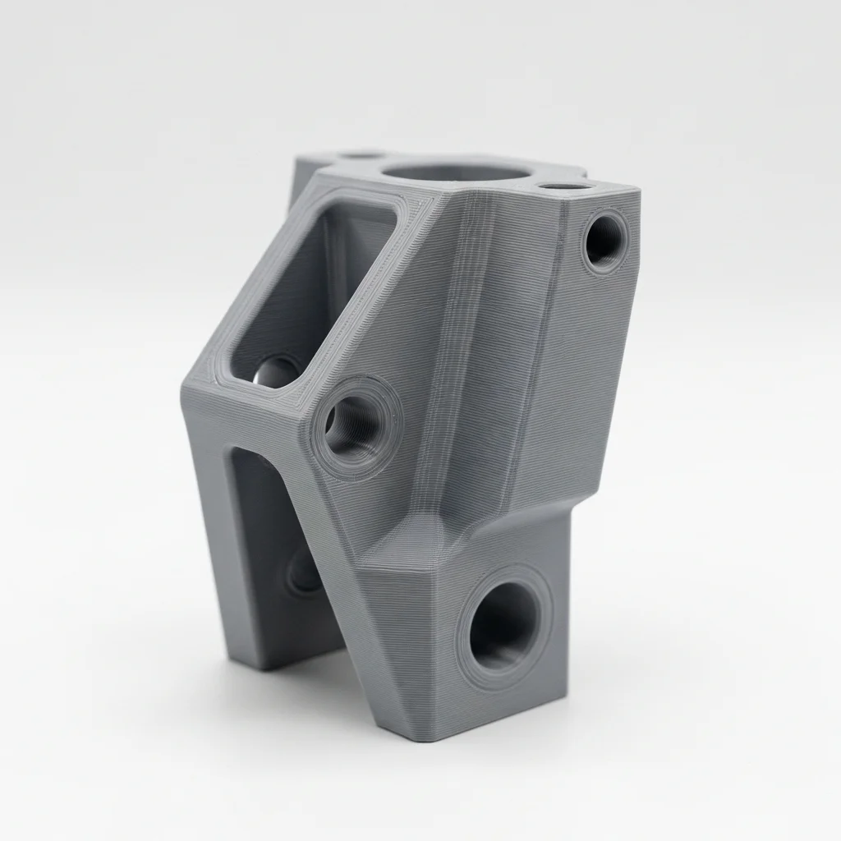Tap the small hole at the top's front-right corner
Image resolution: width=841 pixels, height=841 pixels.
[567, 186]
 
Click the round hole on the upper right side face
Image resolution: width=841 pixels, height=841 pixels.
[605, 240]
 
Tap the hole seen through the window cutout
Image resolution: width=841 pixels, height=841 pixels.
[276, 374]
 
